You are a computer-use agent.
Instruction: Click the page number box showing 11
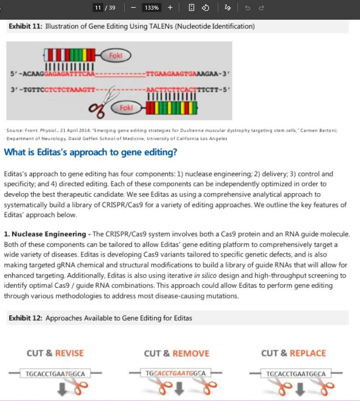coord(98,8)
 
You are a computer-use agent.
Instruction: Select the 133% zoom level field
coord(151,8)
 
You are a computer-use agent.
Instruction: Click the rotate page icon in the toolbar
coord(206,8)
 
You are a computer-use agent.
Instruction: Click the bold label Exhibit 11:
coord(26,26)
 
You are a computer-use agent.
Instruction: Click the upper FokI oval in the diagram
coord(116,56)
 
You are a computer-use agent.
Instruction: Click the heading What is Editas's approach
coord(90,152)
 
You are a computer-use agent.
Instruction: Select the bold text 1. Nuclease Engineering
coord(45,234)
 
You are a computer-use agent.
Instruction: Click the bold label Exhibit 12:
coord(26,318)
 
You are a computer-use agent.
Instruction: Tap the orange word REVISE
coord(69,353)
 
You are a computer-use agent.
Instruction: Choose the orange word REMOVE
coord(191,353)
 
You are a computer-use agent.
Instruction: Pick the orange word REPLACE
coord(308,353)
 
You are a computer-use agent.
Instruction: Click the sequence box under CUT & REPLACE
coord(296,374)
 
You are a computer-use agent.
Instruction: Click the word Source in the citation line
coord(14,130)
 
